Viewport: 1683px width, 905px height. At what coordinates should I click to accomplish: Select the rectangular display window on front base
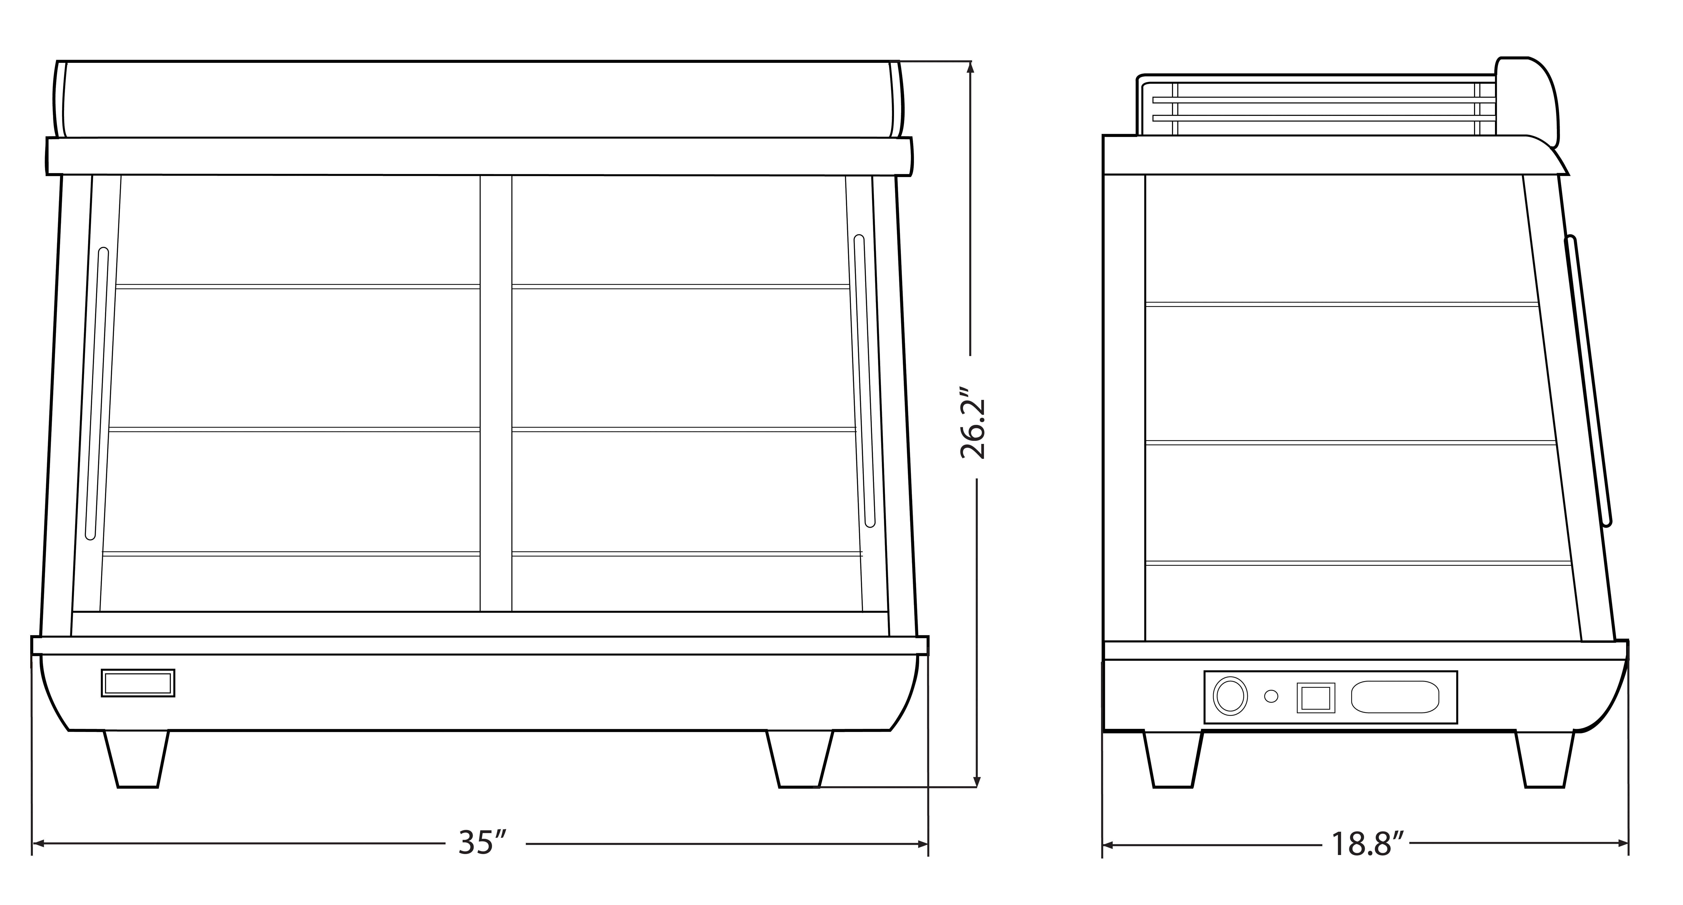pos(138,683)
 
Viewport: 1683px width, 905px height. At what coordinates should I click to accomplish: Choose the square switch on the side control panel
pos(1315,698)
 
